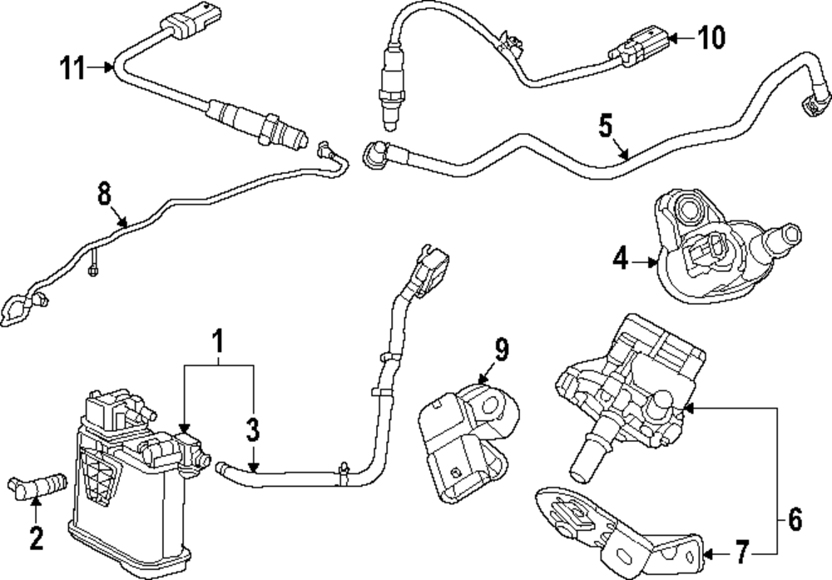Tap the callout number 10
[711, 37]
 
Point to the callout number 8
[104, 194]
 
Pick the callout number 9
[501, 350]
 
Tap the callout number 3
[253, 430]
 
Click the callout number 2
[36, 539]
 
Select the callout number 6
[795, 522]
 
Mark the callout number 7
[742, 551]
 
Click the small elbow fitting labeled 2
[37, 483]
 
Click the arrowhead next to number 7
[706, 551]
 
